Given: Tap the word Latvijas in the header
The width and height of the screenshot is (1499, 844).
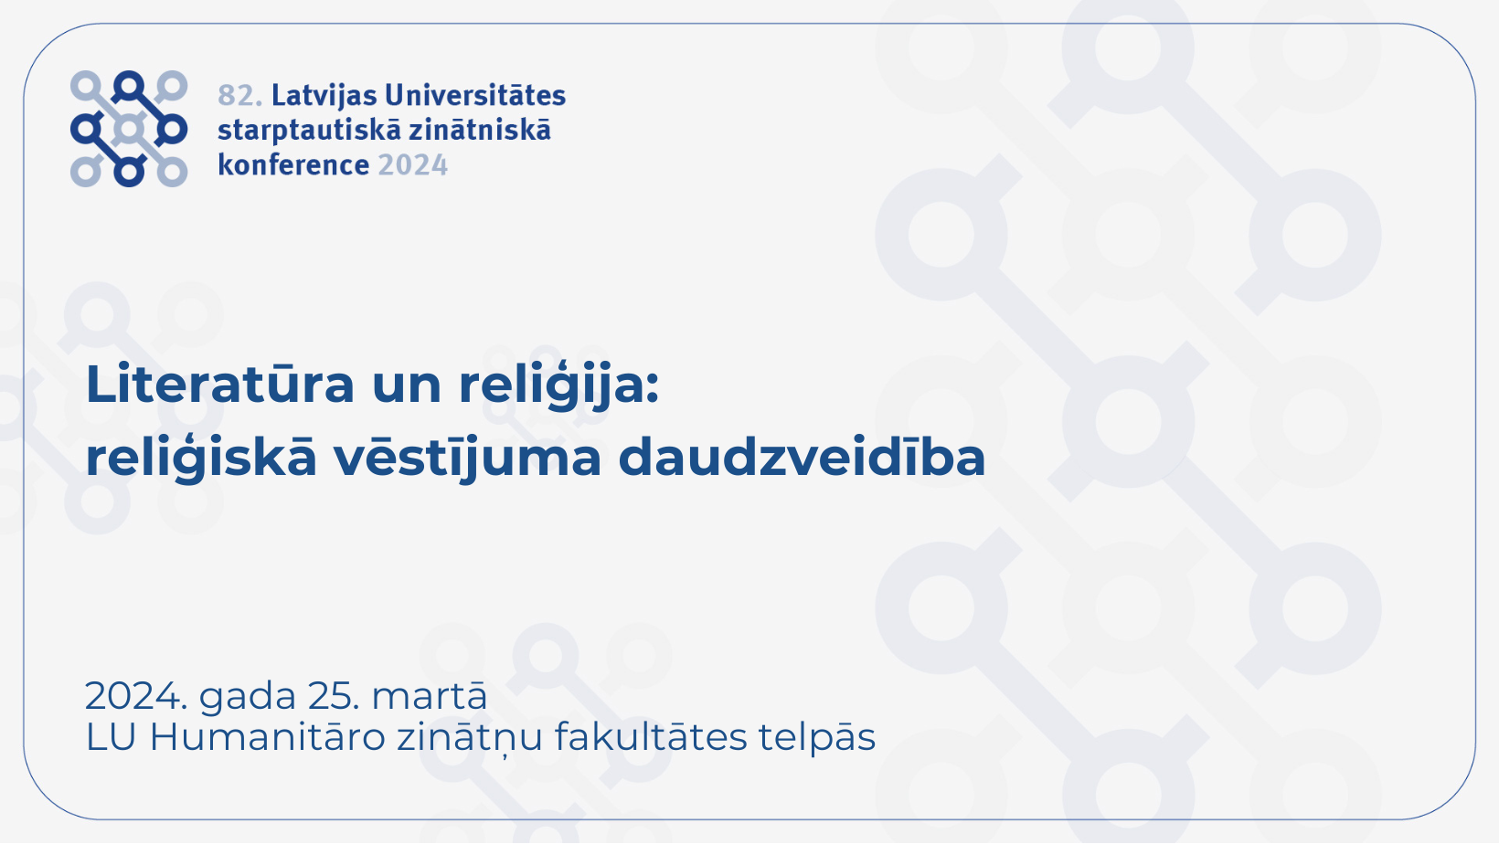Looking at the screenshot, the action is coord(324,97).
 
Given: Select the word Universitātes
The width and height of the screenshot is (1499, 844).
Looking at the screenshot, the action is coord(476,95).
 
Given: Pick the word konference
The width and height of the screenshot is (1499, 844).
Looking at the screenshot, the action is coord(293,164).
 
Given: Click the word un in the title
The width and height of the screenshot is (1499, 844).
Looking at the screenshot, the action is coord(407,389).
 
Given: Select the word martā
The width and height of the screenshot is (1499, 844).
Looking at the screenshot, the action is coord(430,695).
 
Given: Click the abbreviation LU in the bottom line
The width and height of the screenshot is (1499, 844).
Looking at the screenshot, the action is coord(112,738).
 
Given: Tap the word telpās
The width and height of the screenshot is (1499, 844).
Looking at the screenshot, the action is coord(816,738).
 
